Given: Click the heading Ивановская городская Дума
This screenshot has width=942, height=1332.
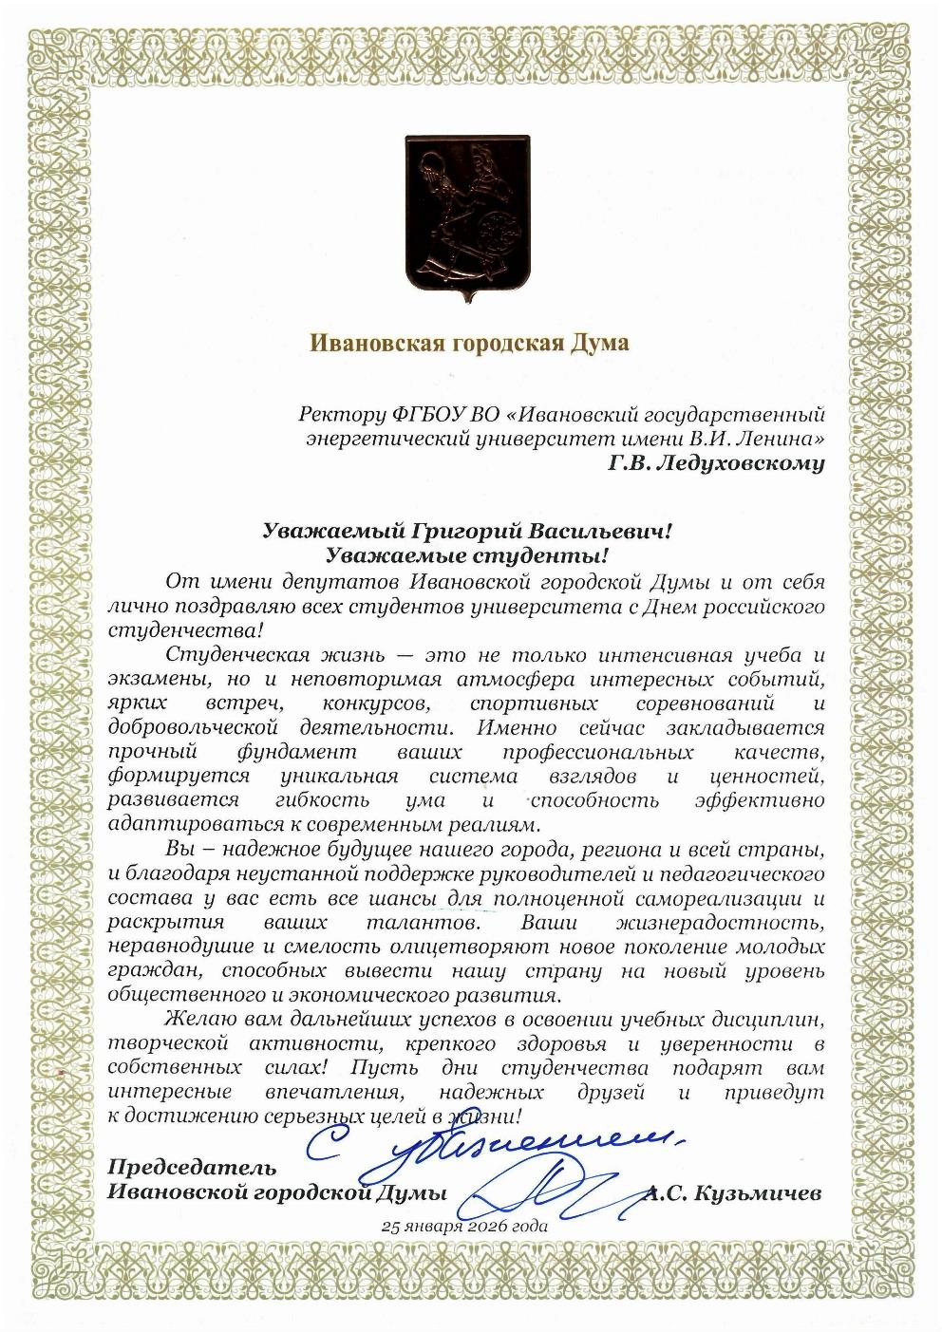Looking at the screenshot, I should coord(469,342).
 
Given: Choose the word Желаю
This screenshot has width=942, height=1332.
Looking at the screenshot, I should coord(197,1020).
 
